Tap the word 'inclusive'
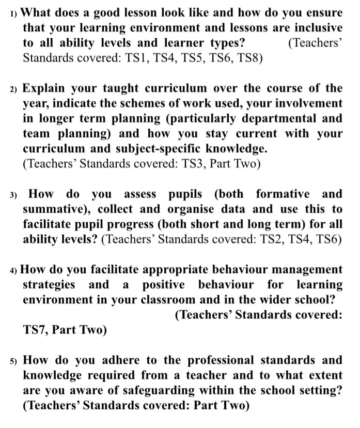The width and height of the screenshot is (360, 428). [315, 27]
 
